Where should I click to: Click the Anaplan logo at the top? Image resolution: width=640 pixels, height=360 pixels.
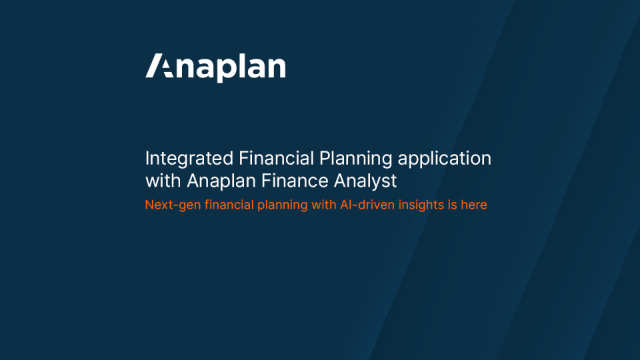215,67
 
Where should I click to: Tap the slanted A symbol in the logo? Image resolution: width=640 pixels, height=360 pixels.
159,65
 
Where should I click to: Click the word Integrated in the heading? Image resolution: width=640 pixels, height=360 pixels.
189,159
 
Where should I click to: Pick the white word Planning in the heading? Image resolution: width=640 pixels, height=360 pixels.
355,159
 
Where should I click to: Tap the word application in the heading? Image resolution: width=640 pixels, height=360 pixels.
445,159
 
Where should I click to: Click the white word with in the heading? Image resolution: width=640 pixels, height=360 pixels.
163,181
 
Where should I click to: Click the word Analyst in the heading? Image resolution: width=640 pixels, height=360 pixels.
365,181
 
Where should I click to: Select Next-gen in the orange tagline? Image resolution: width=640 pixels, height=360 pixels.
173,205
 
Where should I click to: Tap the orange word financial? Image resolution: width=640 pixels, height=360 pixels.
229,204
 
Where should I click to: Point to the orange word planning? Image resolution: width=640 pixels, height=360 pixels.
283,205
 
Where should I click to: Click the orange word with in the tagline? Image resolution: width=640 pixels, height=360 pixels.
324,204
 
